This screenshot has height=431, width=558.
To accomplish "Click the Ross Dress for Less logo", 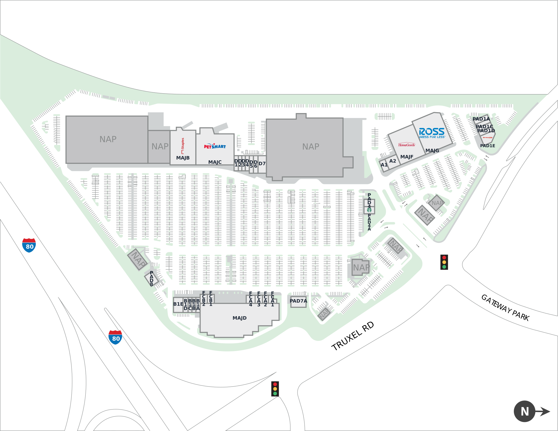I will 432,133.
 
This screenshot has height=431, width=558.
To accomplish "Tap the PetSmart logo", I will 215,146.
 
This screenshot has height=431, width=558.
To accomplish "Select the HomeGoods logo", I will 407,145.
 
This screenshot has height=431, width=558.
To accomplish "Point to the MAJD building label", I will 239,318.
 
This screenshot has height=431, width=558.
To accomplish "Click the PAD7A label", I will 298,301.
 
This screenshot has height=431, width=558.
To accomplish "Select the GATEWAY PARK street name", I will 505,307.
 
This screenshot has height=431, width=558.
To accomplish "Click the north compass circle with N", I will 525,411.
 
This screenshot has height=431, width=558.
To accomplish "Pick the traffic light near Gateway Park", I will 444,262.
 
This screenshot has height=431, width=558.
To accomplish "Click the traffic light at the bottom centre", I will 275,389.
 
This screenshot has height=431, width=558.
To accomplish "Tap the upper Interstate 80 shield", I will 29,245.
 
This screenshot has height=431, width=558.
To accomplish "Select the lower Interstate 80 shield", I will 115,337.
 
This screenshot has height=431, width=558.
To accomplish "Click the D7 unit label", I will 262,164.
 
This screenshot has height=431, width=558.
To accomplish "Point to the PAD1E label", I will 488,146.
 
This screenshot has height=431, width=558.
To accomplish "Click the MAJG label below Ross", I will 432,151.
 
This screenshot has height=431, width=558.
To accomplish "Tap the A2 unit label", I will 393,161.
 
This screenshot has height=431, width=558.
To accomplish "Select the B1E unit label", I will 178,304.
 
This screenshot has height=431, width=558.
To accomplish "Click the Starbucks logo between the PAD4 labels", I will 369,210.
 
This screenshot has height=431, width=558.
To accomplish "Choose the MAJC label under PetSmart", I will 215,162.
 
